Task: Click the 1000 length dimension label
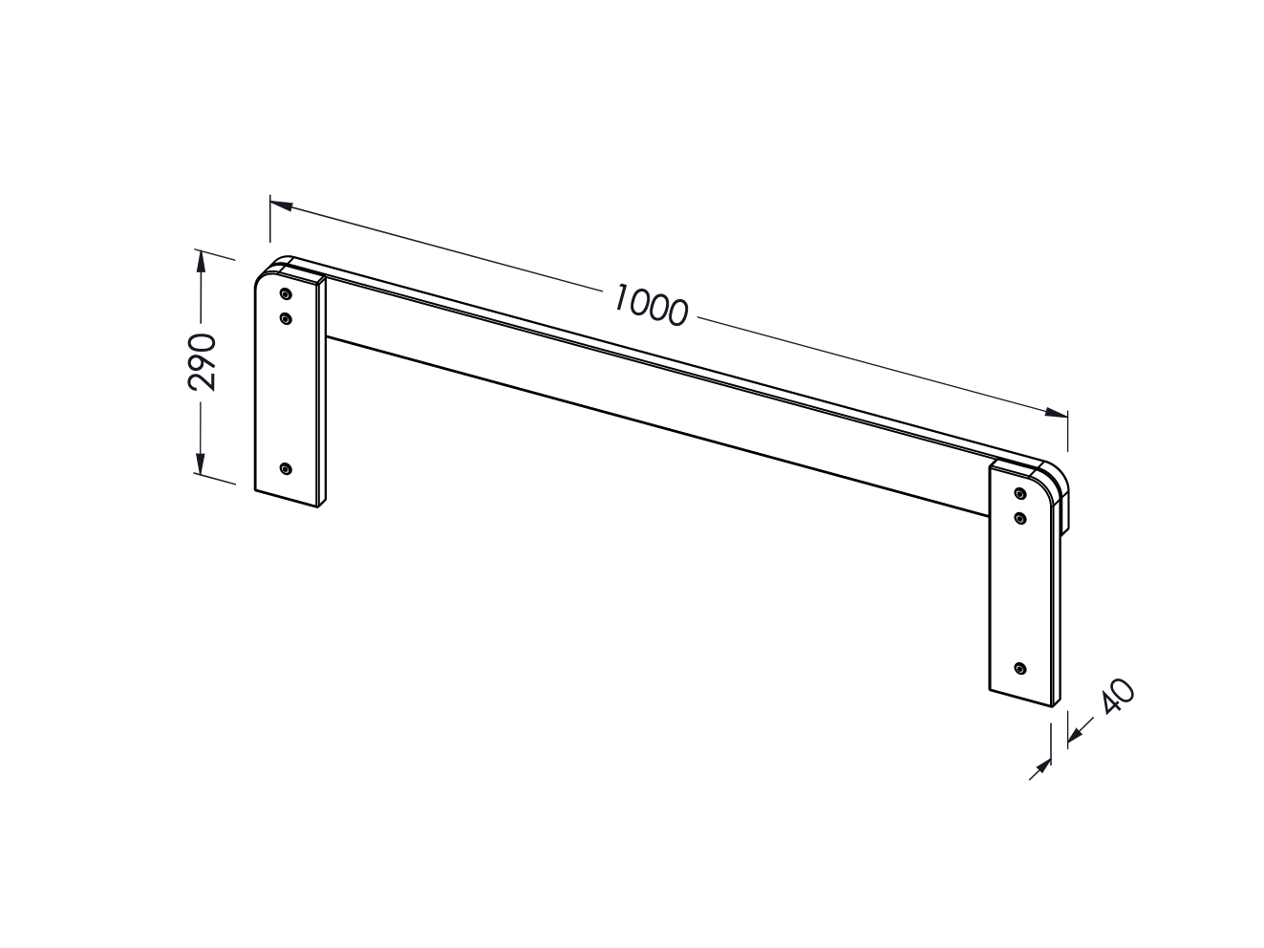click(650, 305)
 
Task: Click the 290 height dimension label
click(203, 362)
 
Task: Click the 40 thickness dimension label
click(1118, 698)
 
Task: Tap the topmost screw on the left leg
click(286, 294)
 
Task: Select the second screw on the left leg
click(286, 318)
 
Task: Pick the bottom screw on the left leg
click(286, 469)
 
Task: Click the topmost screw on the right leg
click(1019, 493)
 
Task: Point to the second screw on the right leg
click(1019, 518)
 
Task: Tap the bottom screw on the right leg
click(1019, 669)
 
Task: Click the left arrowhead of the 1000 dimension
click(281, 205)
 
